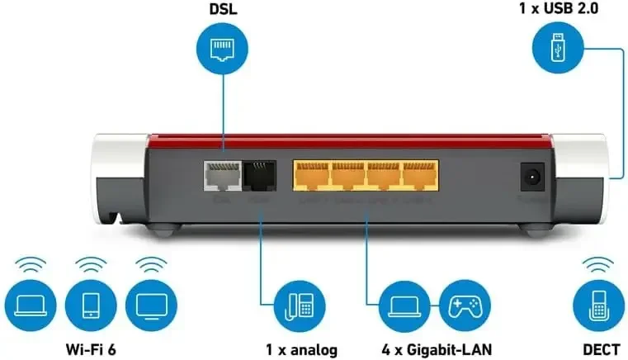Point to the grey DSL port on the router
219,175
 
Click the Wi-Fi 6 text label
91,349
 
